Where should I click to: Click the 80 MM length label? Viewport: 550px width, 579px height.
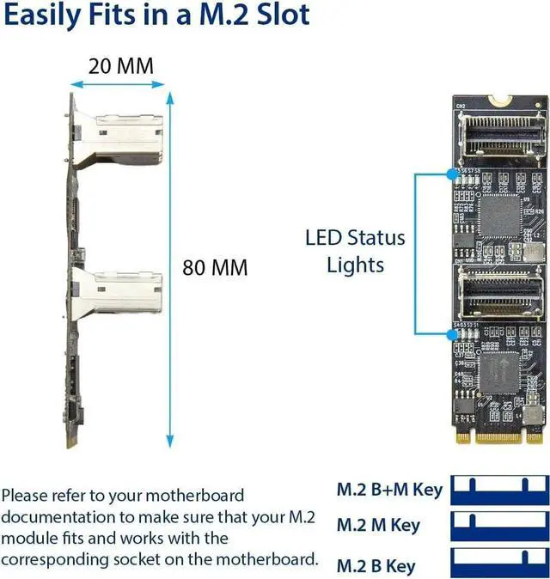tap(215, 267)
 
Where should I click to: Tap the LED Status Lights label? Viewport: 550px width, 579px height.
tap(355, 250)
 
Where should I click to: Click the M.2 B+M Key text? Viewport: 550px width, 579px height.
tap(389, 491)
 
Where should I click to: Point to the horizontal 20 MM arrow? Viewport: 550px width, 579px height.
tap(116, 85)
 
